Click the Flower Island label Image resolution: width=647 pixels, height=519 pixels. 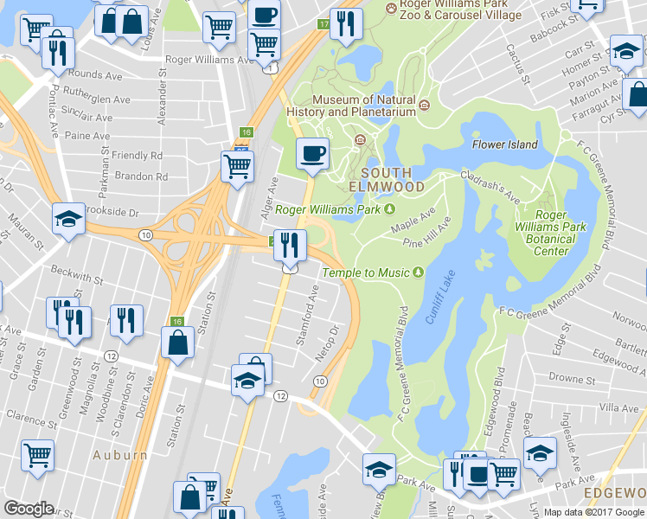tap(505, 144)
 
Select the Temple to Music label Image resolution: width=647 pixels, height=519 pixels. tap(366, 272)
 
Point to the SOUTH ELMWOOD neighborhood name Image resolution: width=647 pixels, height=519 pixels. tap(387, 179)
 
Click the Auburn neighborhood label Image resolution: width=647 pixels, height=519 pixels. tap(120, 455)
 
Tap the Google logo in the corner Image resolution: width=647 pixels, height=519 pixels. tap(29, 509)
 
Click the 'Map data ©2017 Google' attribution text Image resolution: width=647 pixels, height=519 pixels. tap(594, 511)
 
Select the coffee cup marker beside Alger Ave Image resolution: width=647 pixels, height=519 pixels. tap(312, 154)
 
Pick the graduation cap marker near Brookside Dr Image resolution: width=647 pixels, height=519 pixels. tap(67, 219)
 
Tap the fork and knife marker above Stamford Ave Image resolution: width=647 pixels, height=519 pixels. tap(289, 245)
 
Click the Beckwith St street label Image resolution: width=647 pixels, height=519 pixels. tap(77, 282)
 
